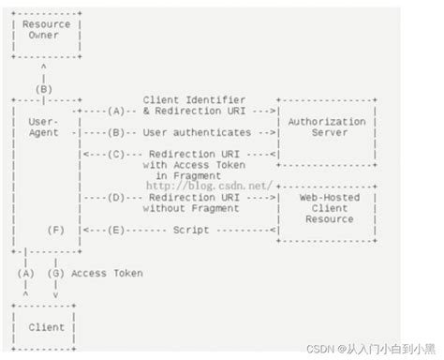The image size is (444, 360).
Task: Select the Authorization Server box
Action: (328, 127)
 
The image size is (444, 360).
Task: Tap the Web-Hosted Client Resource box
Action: (328, 208)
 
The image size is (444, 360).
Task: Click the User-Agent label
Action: (44, 127)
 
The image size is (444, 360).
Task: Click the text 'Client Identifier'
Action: (196, 98)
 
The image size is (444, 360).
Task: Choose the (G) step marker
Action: (57, 274)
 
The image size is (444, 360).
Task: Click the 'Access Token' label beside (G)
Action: (108, 274)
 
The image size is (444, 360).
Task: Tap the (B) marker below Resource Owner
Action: (44, 89)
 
